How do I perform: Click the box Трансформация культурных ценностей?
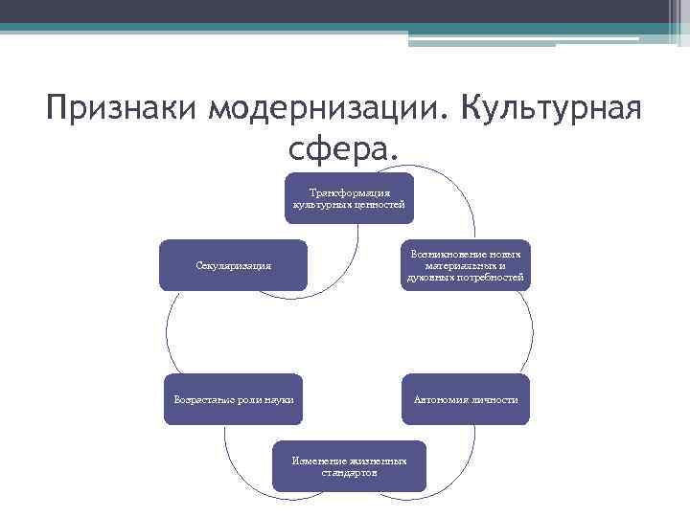pyautogui.click(x=349, y=198)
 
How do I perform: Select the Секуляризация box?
pyautogui.click(x=233, y=265)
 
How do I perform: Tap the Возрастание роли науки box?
pyautogui.click(x=233, y=398)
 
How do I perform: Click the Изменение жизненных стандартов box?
pyautogui.click(x=349, y=466)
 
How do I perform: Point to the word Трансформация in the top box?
pyautogui.click(x=349, y=191)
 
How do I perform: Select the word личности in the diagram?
pyautogui.click(x=494, y=398)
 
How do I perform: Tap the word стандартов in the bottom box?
pyautogui.click(x=349, y=473)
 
